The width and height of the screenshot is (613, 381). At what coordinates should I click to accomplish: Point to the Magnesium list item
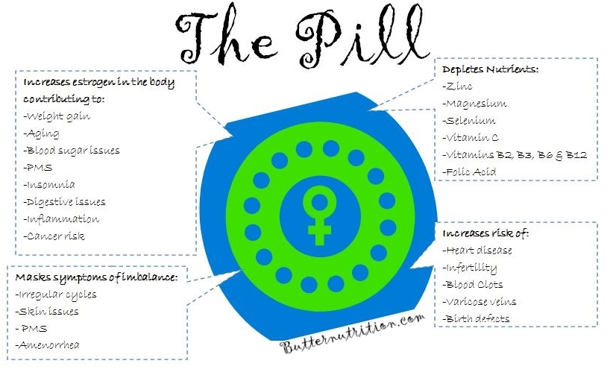[x=474, y=104]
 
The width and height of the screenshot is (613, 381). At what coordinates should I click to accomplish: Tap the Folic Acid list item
[x=470, y=172]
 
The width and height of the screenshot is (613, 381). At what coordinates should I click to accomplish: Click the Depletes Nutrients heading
[x=490, y=69]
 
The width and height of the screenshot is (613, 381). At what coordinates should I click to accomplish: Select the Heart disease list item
[x=477, y=250]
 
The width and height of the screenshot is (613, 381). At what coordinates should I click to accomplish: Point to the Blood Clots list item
[x=473, y=284]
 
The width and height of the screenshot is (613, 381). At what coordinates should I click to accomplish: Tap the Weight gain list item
[x=54, y=116]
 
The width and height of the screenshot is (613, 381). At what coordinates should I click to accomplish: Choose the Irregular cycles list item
[x=55, y=295]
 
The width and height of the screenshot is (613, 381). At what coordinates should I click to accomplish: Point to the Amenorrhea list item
[x=48, y=344]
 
